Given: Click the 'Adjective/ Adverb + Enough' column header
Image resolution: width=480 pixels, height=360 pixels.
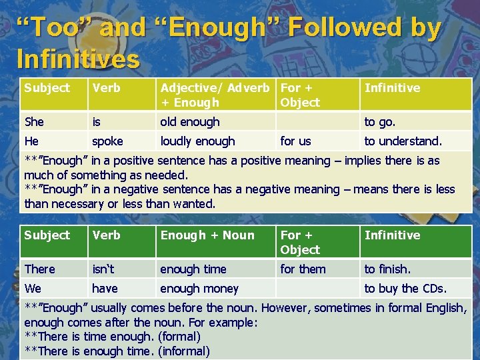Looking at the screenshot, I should pos(215,95).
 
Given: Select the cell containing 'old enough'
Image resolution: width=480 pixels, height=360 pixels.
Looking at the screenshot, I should pos(190,122).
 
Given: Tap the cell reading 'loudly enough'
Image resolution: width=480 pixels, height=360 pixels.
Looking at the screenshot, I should pos(198,141).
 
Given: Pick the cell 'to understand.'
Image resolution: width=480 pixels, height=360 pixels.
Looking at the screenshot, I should pos(403,141).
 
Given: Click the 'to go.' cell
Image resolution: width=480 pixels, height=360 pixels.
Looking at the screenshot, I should pos(379,122).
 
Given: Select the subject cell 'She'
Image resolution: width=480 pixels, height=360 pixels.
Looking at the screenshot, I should pos(34,122).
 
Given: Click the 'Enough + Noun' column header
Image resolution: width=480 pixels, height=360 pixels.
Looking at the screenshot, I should pos(207,235).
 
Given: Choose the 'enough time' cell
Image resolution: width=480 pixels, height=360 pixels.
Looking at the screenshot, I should pos(193,269).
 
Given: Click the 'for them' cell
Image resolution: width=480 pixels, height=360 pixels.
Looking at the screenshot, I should pos(303,269).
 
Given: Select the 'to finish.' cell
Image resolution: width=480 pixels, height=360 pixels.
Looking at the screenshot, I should pos(387,269).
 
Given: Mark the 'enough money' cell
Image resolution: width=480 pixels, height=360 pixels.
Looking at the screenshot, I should pos(199,289).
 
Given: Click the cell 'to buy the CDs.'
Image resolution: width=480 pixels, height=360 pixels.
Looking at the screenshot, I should pos(405,289).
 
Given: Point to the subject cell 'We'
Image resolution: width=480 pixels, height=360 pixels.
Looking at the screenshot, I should pos(33,289).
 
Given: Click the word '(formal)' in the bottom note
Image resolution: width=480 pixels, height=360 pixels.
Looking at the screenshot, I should pos(179,337).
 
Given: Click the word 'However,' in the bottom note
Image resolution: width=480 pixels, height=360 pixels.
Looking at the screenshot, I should pos(289,308).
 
